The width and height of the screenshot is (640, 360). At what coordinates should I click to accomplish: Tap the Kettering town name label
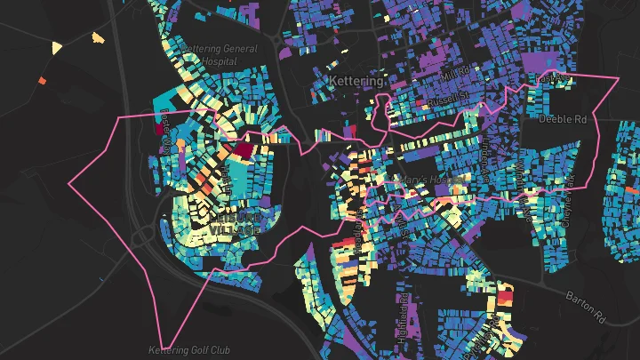355,81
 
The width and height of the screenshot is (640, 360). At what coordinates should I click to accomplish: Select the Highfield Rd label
403,310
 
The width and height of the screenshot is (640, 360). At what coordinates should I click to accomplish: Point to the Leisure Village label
236,222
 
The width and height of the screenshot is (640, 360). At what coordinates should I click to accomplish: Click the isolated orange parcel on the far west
41,81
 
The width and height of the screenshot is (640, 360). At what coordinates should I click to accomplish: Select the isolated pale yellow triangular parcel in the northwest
58,47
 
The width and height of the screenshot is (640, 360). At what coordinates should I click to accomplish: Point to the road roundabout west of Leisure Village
143,237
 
